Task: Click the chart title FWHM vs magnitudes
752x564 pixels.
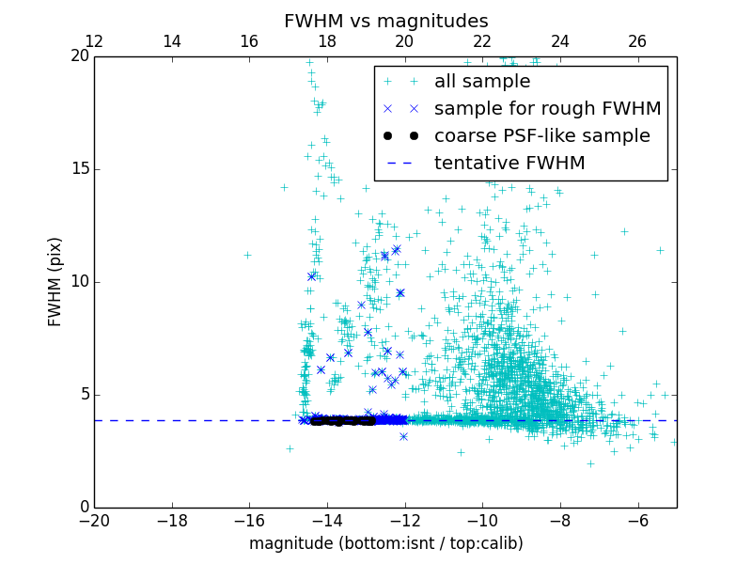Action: point(385,21)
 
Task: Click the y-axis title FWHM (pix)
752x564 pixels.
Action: point(55,281)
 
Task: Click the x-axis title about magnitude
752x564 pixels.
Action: point(385,543)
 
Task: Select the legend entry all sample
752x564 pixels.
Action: point(481,82)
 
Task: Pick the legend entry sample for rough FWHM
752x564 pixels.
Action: point(547,109)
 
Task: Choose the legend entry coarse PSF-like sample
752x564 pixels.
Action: point(541,136)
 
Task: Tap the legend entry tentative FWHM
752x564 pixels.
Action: point(509,164)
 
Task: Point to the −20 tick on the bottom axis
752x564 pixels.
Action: point(94,520)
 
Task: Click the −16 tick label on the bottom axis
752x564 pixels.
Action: point(249,520)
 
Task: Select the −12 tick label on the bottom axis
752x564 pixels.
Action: point(404,520)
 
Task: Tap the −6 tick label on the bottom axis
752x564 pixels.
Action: point(637,520)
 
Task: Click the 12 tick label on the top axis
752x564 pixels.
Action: point(94,41)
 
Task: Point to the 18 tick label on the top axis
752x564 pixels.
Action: point(327,41)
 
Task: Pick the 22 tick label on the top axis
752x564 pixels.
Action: point(482,41)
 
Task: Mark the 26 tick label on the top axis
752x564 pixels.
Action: point(637,41)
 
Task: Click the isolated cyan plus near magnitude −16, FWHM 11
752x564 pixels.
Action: point(247,255)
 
